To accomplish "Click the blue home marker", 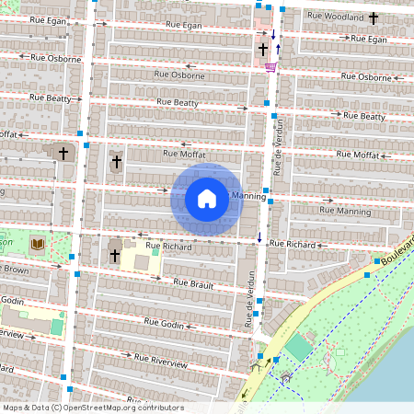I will coord(207,199).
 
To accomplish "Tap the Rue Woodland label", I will coord(339,17).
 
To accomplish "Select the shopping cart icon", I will coord(270,66).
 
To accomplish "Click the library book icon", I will coord(38,244).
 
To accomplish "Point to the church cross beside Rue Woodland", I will coord(374,17).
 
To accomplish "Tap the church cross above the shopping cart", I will coord(263,48).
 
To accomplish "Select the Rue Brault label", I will coord(192,284).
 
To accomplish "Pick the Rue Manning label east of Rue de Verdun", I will coord(345,211).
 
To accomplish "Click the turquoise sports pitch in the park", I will coord(297,349).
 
